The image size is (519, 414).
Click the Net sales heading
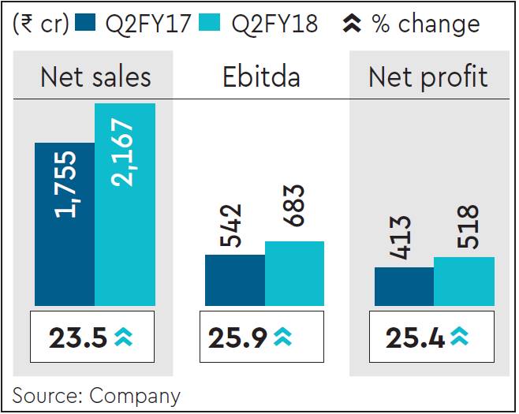pos(95,77)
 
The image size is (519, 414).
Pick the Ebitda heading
pos(263,77)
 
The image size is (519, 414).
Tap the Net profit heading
pos(428,77)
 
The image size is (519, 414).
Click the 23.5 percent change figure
pos(77,338)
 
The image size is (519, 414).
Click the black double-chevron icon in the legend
pos(352,24)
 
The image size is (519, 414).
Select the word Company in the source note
pos(136,396)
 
